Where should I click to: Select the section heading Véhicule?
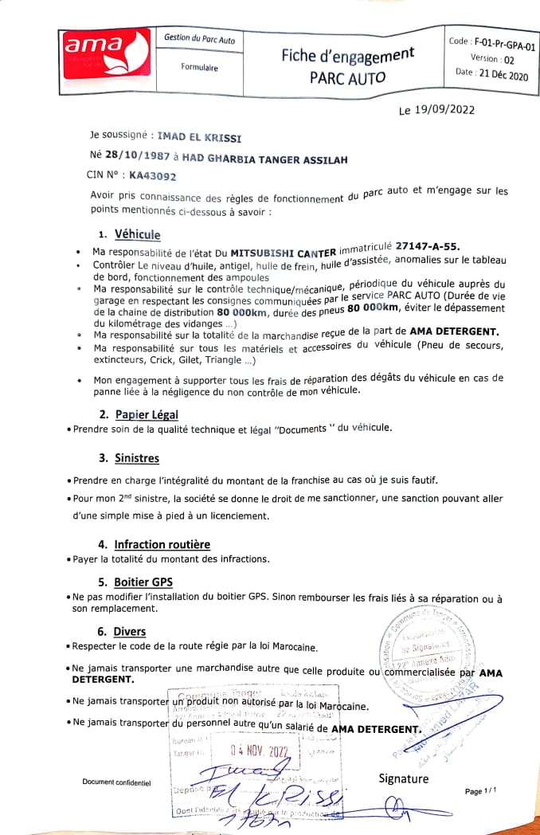[137, 235]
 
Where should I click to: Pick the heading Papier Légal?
[147, 414]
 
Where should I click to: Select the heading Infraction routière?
[162, 544]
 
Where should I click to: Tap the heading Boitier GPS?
[143, 582]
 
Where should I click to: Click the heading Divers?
[129, 632]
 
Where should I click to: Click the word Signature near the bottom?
[403, 778]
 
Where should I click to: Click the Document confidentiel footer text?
[116, 782]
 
